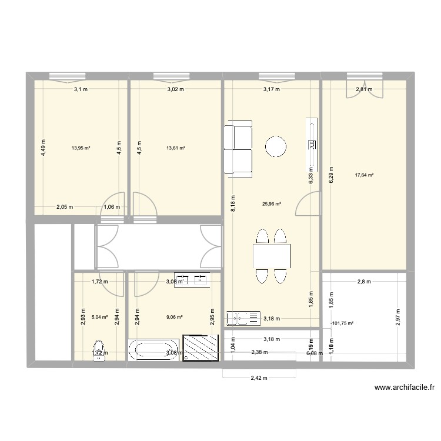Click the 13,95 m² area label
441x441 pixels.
click(x=81, y=149)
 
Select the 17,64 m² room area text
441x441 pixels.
click(x=365, y=175)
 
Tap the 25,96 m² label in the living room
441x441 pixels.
click(x=271, y=204)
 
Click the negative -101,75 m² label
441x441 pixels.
click(x=343, y=323)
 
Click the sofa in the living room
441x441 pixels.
click(x=238, y=149)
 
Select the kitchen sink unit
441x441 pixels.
click(x=243, y=318)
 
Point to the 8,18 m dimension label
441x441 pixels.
click(x=233, y=206)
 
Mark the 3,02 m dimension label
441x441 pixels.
click(x=176, y=89)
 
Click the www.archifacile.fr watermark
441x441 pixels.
click(x=403, y=387)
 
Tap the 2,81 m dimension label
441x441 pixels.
click(x=363, y=89)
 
